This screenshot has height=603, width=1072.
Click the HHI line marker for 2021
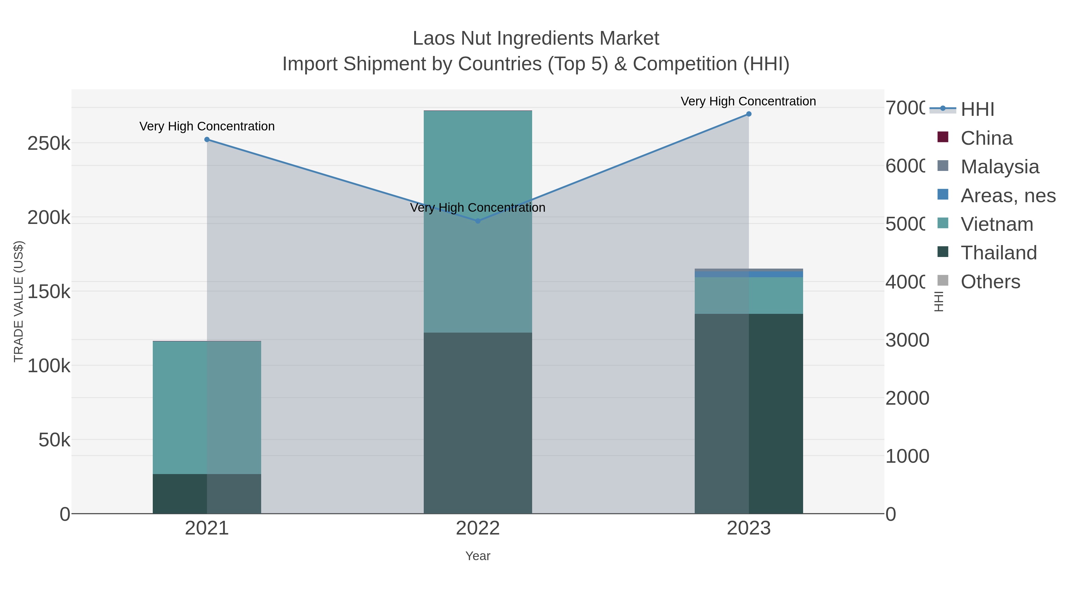[207, 139]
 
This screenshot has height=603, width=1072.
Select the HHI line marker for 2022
[478, 221]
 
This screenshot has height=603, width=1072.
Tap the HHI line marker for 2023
[749, 114]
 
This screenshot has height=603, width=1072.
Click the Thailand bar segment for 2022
[478, 423]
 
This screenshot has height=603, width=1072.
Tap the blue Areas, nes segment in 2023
[749, 274]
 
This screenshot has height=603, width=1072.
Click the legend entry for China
[986, 138]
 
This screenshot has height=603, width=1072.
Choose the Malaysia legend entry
[1000, 167]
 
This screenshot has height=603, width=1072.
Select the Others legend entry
[990, 282]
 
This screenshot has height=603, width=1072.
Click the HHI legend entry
[977, 110]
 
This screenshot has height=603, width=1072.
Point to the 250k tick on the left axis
[49, 144]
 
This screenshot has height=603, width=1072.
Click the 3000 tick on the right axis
[907, 340]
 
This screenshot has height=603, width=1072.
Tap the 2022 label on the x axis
[478, 529]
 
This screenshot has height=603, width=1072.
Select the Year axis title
[478, 556]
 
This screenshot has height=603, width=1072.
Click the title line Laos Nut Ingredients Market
[536, 38]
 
